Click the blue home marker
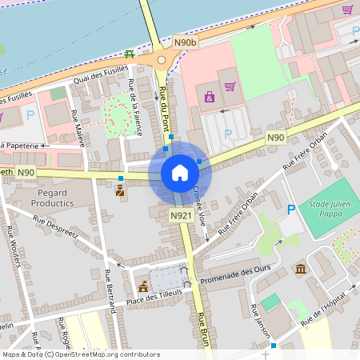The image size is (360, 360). click(180, 173)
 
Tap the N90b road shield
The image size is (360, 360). click(184, 41)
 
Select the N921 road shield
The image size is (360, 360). click(181, 216)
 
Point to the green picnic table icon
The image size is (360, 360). click(130, 54)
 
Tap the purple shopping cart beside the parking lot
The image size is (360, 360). click(230, 86)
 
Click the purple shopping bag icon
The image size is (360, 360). click(210, 97)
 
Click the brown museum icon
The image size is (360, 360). click(300, 270)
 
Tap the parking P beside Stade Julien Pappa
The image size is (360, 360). click(291, 210)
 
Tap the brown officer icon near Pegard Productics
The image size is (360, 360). click(120, 190)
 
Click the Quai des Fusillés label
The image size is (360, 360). click(100, 76)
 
